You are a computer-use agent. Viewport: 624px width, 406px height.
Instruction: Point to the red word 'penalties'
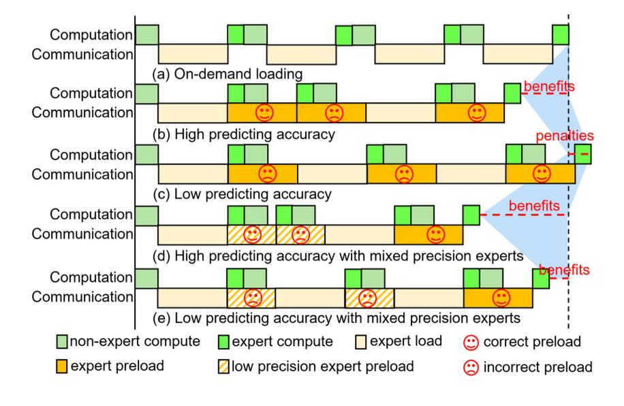(x=565, y=136)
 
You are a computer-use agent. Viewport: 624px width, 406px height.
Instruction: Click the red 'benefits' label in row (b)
(x=549, y=87)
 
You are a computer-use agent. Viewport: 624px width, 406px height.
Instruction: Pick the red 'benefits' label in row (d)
(x=535, y=205)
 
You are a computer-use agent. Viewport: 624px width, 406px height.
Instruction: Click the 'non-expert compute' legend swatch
(x=63, y=341)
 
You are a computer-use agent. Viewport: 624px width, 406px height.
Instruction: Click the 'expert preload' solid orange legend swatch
(x=63, y=366)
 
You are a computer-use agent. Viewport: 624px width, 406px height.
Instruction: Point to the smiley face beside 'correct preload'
(x=470, y=341)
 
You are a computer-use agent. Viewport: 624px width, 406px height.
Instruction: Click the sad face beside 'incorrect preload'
(x=470, y=367)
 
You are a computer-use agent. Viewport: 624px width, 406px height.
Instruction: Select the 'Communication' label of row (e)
(x=82, y=297)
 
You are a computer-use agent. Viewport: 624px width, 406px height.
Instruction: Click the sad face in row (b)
(x=333, y=112)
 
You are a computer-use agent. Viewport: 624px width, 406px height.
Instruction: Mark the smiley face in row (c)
(x=542, y=174)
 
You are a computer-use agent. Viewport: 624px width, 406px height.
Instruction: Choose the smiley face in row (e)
(x=501, y=297)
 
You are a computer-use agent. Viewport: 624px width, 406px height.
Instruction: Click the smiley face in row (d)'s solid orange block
(x=434, y=234)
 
